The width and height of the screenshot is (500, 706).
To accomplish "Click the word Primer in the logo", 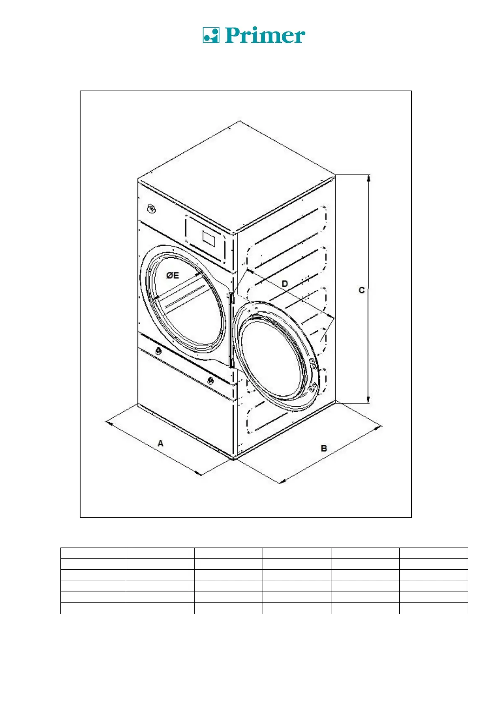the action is [x=265, y=36].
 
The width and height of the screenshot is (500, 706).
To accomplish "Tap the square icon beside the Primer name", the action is [x=211, y=35].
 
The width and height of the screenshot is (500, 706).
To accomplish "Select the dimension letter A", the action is [x=160, y=443].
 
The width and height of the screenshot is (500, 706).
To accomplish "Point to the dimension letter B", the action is [x=324, y=448].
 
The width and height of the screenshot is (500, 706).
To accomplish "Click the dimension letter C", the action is [x=361, y=290].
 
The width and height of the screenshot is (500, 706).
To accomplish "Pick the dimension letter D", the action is [x=285, y=284].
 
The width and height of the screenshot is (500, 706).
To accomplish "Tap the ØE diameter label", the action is [x=172, y=275].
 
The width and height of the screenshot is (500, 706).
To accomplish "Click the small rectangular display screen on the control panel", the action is [x=208, y=237].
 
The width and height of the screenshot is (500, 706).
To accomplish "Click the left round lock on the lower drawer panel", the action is [x=159, y=351].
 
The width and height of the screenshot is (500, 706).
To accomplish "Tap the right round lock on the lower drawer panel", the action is [x=211, y=380].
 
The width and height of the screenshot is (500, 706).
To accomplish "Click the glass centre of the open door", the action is [x=273, y=356].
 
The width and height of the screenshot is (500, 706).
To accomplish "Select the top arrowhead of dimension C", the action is [x=368, y=178].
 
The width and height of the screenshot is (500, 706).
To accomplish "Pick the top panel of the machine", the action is [x=237, y=176].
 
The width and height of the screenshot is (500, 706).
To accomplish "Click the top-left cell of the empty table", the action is [x=93, y=553].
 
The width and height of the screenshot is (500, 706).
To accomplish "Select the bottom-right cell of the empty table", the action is [x=433, y=608].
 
